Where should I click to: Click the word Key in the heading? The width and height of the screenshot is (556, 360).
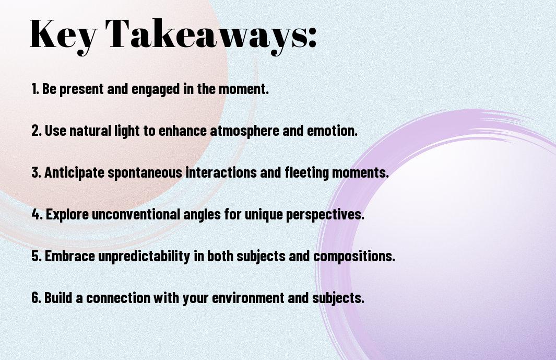pyautogui.click(x=63, y=35)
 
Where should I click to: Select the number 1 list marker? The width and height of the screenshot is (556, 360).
pyautogui.click(x=34, y=89)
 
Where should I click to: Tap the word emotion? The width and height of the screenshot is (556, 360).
pyautogui.click(x=332, y=131)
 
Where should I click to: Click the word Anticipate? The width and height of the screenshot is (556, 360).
pyautogui.click(x=75, y=173)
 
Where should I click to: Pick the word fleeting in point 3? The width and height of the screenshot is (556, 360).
pyautogui.click(x=307, y=173)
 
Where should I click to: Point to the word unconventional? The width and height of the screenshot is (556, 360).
pyautogui.click(x=136, y=214)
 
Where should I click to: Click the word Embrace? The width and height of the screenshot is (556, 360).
pyautogui.click(x=70, y=256)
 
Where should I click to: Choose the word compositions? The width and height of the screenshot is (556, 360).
pyautogui.click(x=354, y=257)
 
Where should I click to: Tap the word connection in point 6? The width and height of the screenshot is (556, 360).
pyautogui.click(x=118, y=297)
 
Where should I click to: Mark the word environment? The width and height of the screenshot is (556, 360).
pyautogui.click(x=248, y=297)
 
